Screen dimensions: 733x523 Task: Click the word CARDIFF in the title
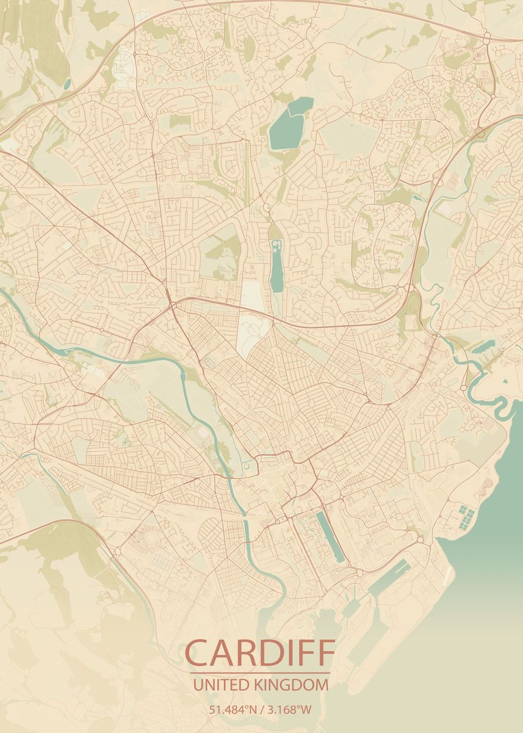261,653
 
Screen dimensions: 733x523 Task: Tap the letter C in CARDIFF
198,653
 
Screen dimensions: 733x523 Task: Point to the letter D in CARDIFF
276,653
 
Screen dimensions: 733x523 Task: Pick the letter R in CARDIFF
250,653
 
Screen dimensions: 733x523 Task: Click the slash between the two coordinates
261,710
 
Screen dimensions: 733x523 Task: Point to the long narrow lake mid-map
276,269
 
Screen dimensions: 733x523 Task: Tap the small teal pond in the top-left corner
67,83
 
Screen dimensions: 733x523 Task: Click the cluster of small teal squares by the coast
466,517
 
